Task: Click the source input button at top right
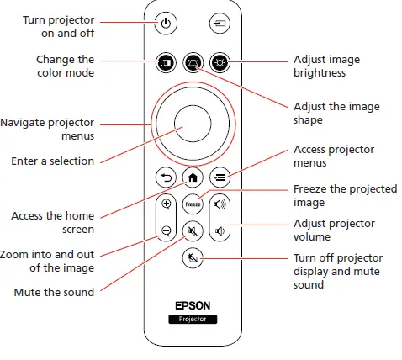click(x=220, y=23)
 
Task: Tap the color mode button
click(x=166, y=62)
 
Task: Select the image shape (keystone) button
click(x=193, y=62)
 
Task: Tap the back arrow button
click(x=166, y=177)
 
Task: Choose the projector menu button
click(x=220, y=177)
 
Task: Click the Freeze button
click(x=193, y=204)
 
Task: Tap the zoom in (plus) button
click(x=166, y=204)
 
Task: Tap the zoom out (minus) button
click(x=166, y=230)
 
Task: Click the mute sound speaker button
click(x=193, y=230)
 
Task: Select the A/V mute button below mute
click(x=193, y=257)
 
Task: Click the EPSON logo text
click(x=193, y=307)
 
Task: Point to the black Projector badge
click(x=193, y=320)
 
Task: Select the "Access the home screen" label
click(x=52, y=222)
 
